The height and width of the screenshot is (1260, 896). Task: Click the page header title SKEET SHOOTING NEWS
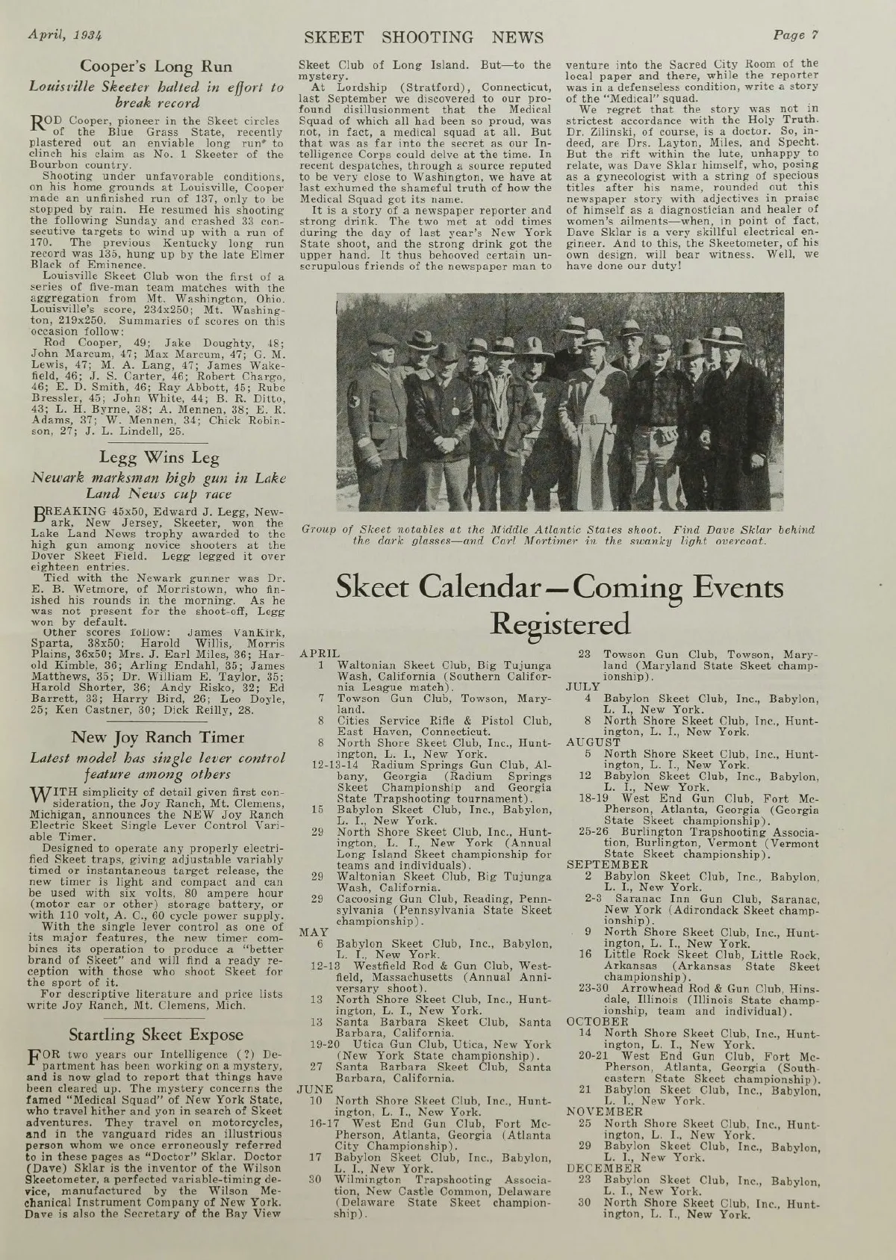coord(424,37)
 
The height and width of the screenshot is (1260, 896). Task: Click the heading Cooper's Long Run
coord(157,66)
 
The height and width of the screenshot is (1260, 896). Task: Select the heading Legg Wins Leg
coord(156,458)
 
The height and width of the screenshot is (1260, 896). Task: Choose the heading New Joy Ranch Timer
coord(157,737)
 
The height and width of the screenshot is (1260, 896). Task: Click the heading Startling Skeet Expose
coord(156,1034)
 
